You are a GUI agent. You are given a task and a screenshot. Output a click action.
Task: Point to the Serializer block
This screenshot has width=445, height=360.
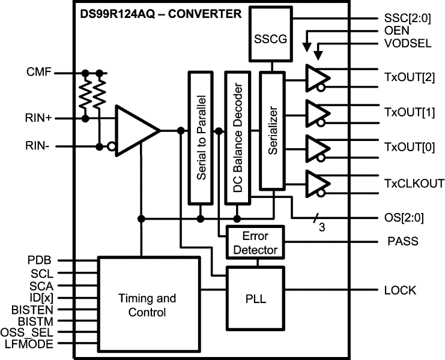click(272, 130)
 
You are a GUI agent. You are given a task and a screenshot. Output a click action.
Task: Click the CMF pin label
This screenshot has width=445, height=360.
click(38, 73)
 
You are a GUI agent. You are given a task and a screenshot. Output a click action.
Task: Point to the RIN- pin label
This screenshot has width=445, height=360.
click(39, 145)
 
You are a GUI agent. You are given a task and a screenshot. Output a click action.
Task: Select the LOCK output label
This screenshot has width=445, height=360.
click(399, 290)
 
